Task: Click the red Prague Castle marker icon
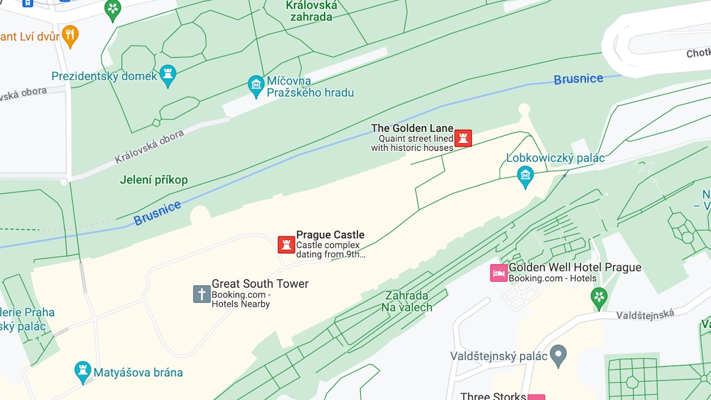coord(286,245)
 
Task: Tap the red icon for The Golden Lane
coord(463,138)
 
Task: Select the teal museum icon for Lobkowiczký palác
coord(525,176)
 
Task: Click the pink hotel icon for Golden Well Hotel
coord(499,272)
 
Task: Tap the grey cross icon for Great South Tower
coord(201,294)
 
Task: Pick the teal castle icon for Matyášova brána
coord(83,371)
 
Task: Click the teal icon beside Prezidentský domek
coord(168,75)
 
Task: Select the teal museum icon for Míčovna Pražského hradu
coord(255,86)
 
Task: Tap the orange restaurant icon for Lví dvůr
coord(70,36)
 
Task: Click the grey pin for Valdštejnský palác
coord(558,355)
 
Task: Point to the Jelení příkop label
coord(154,180)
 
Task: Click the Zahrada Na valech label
coord(407,302)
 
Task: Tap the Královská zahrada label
coord(311,11)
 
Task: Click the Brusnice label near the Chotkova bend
coord(578,79)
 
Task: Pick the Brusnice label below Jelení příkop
coord(157,214)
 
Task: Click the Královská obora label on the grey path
coord(149,147)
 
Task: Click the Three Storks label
coord(493,396)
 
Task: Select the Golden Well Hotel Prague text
coord(574,267)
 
